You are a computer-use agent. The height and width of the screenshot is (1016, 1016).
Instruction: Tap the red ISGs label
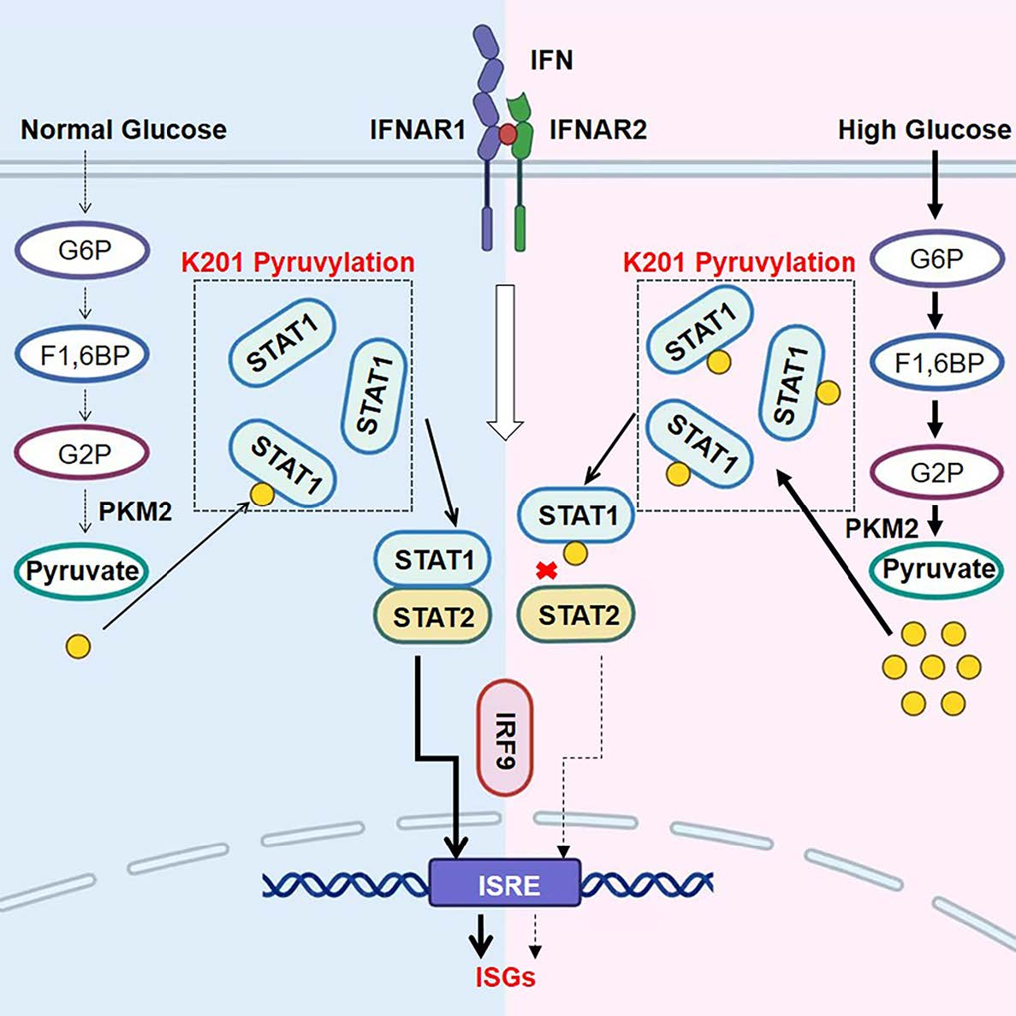click(x=505, y=977)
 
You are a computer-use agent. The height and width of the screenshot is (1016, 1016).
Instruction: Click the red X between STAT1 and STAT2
click(x=546, y=571)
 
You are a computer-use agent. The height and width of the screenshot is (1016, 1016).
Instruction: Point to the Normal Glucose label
click(x=123, y=130)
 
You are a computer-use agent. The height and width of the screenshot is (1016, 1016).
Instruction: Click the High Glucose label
click(x=924, y=130)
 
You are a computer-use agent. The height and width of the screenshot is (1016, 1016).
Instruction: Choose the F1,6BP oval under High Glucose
click(x=937, y=363)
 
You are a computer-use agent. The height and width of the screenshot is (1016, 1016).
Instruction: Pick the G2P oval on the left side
click(x=84, y=454)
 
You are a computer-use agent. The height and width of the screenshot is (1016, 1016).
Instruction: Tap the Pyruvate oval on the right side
click(x=938, y=569)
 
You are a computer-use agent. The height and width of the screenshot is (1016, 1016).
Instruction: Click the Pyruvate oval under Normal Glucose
click(x=82, y=571)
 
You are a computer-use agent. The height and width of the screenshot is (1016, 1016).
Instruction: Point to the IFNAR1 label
click(x=418, y=130)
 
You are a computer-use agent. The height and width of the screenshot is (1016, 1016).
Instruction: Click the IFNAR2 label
click(x=597, y=130)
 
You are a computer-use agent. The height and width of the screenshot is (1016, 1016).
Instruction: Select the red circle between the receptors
click(x=508, y=134)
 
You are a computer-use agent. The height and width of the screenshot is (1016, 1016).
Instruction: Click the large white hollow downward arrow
click(x=505, y=359)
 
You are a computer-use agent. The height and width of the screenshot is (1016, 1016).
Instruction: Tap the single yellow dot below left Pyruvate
click(x=78, y=646)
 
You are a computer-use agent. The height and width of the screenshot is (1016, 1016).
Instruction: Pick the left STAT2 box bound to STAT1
click(x=432, y=615)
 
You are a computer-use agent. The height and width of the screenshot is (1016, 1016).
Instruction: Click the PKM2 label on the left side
click(x=135, y=512)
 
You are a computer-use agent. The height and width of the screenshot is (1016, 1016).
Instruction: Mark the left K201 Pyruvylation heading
click(x=298, y=262)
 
